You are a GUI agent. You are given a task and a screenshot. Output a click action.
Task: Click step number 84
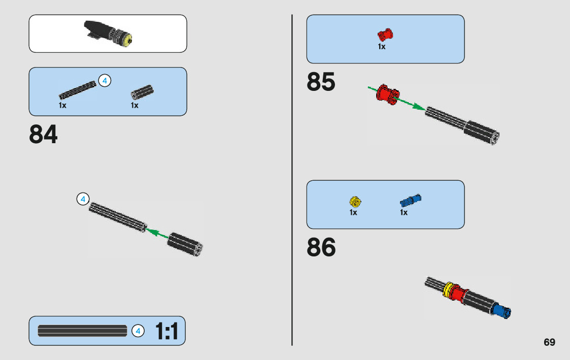[x=44, y=135]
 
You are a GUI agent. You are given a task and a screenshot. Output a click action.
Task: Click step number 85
[x=321, y=82]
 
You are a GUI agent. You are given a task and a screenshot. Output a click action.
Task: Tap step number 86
[x=321, y=248]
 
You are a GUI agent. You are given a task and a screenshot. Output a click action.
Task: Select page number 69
[x=549, y=342]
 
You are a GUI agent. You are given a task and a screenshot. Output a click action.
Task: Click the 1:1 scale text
[x=166, y=332]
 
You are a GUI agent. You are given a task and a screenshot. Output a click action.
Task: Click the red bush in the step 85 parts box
[x=385, y=35]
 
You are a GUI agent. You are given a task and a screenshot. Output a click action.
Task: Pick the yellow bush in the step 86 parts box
[x=355, y=202]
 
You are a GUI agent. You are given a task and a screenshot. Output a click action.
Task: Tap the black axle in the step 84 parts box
[x=77, y=89]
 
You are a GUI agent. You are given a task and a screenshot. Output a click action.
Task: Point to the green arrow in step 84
[x=157, y=234]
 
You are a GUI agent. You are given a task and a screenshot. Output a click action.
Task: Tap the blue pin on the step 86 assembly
[x=502, y=310]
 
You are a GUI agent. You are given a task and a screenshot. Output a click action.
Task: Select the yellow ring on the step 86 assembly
[x=448, y=290]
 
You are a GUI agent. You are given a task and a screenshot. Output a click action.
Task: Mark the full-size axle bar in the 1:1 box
[x=82, y=331]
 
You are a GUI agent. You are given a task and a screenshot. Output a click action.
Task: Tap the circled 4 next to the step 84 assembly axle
[x=83, y=199]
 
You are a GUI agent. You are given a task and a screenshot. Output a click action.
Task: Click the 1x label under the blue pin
[x=404, y=213]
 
